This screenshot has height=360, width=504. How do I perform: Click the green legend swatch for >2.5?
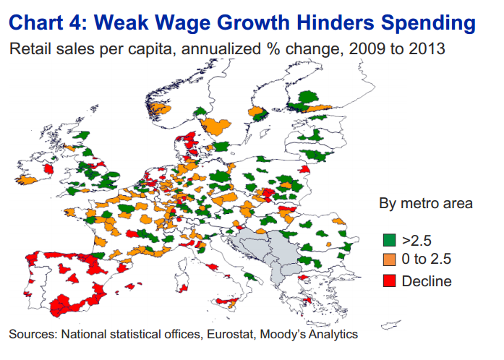point(389,240)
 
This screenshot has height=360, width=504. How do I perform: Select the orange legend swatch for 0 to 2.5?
point(389,260)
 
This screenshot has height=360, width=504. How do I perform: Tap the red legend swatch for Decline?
point(389,280)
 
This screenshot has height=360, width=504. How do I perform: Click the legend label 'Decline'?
point(427,281)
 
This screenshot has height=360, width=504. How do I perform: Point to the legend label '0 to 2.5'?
point(426,259)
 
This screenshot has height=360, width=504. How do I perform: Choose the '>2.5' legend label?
point(417,241)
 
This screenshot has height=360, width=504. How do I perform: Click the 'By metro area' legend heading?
point(426,204)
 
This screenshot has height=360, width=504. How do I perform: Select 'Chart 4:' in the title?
point(48,22)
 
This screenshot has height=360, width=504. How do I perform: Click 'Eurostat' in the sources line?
point(231,334)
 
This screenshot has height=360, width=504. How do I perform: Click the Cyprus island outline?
point(390,325)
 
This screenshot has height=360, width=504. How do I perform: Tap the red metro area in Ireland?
point(48,168)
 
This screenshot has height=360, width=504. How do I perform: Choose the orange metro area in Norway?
point(158,108)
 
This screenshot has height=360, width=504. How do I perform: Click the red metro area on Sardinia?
point(184,288)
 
